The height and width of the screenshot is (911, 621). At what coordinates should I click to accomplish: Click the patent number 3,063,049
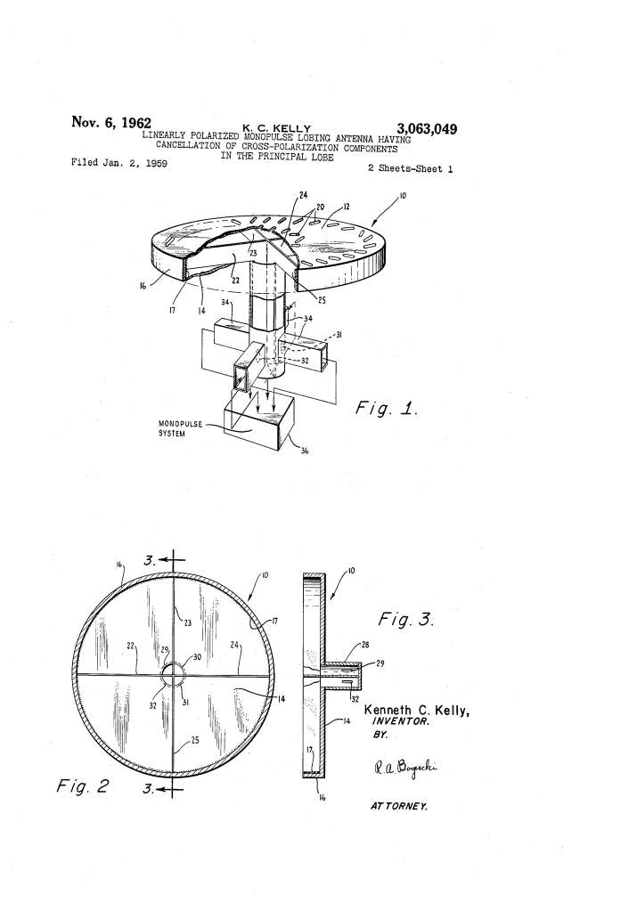427,128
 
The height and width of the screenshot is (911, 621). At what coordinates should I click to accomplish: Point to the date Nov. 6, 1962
111,123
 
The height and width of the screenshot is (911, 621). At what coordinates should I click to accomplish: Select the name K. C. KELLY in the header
277,128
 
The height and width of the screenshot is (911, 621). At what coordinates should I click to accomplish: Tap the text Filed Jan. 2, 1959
119,163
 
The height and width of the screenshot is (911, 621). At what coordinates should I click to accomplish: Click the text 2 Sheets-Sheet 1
411,168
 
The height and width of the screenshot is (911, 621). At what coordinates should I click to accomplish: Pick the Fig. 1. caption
387,409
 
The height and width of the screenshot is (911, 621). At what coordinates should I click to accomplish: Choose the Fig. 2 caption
82,786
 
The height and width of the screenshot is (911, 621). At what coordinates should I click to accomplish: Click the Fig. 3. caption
406,619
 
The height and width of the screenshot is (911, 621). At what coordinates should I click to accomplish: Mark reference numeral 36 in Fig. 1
304,451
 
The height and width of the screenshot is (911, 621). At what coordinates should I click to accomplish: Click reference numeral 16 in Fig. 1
143,286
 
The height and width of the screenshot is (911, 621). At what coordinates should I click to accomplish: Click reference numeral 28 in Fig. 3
365,645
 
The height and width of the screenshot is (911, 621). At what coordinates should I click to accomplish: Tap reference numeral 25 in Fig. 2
195,740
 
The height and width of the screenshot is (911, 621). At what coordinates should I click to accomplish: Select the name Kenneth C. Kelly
417,710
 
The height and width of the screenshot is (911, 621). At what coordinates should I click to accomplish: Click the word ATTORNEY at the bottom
399,806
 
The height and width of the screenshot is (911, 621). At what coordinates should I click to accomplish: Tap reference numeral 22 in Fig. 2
131,646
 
